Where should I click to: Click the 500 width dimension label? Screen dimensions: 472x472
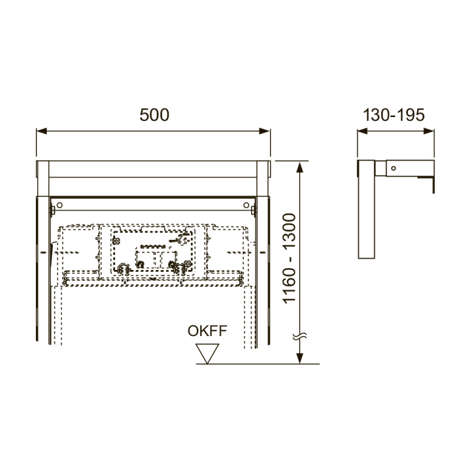[x=154, y=115]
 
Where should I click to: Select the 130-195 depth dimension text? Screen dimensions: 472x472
[x=394, y=115]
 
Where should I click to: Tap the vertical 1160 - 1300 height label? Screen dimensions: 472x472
[x=289, y=258]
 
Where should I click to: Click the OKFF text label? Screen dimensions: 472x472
[x=208, y=331]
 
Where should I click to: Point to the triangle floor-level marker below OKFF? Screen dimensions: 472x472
[x=207, y=354]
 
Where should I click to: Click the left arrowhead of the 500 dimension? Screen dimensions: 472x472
[x=42, y=131]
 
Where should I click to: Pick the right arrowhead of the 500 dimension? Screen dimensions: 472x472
[x=264, y=131]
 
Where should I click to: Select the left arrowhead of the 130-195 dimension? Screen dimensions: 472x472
[x=362, y=131]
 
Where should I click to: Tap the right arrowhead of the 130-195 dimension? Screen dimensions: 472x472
[x=429, y=131]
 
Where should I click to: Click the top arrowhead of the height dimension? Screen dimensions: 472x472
[x=299, y=167]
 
